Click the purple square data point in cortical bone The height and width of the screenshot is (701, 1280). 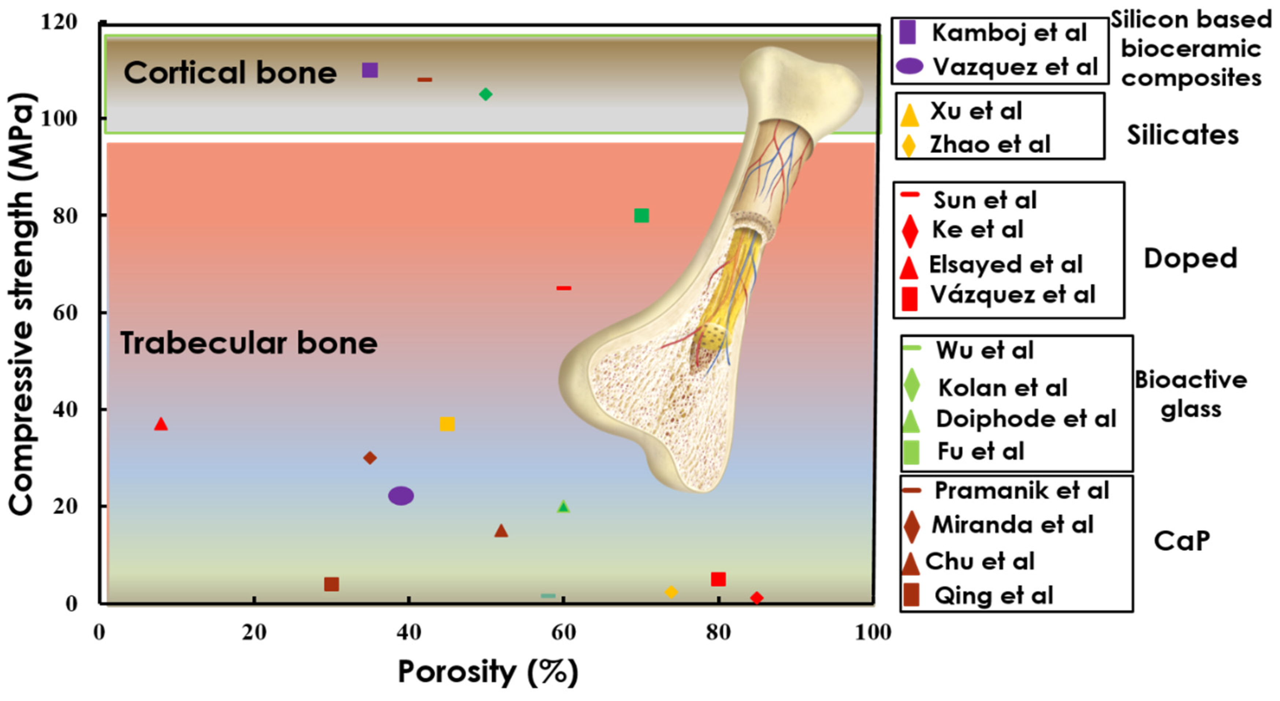pos(370,70)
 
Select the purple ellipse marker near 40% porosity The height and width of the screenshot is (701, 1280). pos(401,495)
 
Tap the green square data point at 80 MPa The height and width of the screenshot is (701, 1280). pos(641,215)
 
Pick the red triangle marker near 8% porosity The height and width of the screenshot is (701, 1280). pos(160,423)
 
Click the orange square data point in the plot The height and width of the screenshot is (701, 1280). pos(447,424)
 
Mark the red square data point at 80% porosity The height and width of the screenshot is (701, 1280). pos(718,579)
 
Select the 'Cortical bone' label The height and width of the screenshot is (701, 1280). pos(230,72)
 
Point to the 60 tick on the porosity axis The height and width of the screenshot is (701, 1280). pos(563,632)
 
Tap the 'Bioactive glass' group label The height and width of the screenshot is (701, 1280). pos(1191,395)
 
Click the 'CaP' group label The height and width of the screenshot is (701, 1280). pos(1182,541)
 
